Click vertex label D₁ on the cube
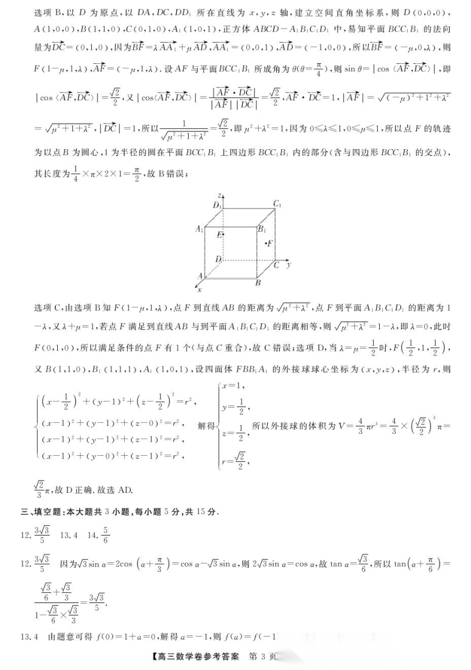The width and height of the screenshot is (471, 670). (x=216, y=205)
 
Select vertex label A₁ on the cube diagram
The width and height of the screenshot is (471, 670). (x=199, y=229)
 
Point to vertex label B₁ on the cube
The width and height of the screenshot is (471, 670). (x=261, y=229)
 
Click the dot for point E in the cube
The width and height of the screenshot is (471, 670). (x=224, y=234)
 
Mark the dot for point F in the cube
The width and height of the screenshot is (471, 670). (x=268, y=243)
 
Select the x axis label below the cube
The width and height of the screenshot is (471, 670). (x=199, y=290)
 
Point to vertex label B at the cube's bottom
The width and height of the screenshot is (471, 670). (x=258, y=283)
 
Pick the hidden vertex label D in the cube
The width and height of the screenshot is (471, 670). (x=218, y=259)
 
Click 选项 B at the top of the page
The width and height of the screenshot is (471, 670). (x=45, y=12)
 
